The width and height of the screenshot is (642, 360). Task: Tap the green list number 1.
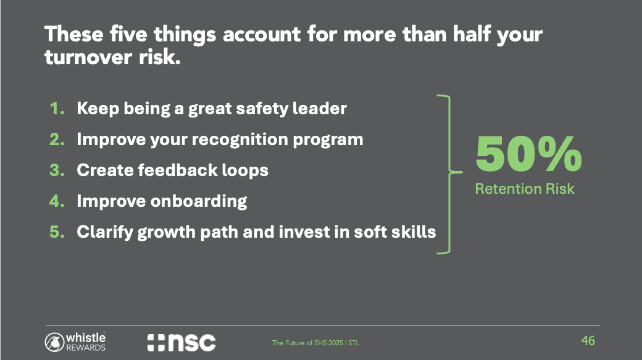pos(57,109)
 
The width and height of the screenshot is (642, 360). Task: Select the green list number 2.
pos(57,140)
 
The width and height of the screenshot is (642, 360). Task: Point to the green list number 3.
pos(57,170)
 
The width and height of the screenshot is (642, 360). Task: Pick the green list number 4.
pos(57,201)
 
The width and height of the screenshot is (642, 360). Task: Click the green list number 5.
pos(57,232)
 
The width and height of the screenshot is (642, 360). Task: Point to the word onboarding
pos(199,201)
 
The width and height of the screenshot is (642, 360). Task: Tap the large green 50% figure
pos(528,154)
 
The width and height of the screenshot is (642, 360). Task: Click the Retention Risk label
pos(525,189)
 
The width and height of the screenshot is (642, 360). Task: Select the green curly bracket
pos(450,172)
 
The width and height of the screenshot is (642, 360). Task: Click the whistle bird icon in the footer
pos(54,342)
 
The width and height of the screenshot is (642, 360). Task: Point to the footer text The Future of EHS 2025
pos(307,343)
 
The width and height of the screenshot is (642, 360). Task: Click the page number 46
pos(588,341)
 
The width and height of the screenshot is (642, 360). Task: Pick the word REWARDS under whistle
pos(86,348)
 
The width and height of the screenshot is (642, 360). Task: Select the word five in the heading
pos(128,33)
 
